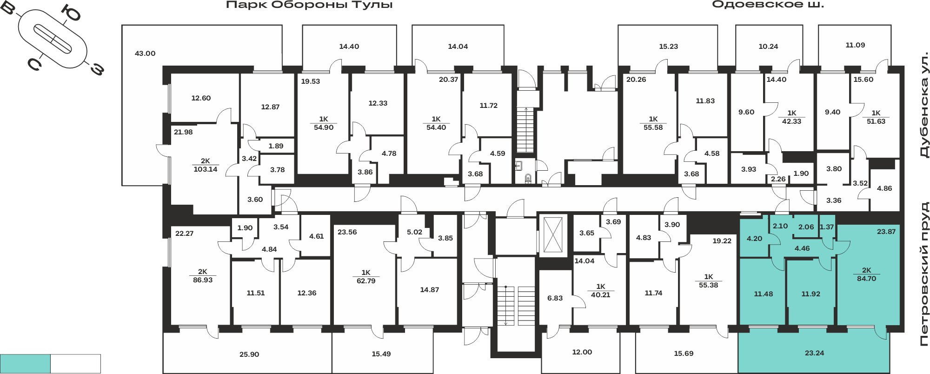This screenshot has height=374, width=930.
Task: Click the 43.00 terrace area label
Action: [x=145, y=53]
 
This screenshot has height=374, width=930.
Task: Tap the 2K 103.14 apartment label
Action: [x=206, y=165]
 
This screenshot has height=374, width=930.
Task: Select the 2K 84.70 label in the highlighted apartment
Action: [x=866, y=274]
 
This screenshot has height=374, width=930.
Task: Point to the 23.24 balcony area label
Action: [x=814, y=353]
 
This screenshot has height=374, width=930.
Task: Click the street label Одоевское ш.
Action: [x=768, y=5]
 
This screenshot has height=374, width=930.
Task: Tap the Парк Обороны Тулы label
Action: [x=309, y=5]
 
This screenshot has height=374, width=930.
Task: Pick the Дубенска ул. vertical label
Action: [x=924, y=106]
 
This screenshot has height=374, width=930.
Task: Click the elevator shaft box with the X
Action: [x=553, y=235]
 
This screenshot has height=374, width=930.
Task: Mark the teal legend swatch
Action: [x=25, y=364]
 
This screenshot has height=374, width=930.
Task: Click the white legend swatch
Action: [x=75, y=364]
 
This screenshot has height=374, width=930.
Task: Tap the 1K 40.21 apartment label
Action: [x=600, y=291]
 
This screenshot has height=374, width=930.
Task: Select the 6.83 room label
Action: [x=555, y=298]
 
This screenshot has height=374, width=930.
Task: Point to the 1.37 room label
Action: [x=827, y=227]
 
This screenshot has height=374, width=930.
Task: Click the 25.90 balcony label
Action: [x=249, y=354]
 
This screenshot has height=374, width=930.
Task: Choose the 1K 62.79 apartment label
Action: [x=366, y=277]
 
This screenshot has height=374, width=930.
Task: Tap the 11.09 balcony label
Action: [x=855, y=45]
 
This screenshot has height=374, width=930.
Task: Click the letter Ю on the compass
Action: [x=72, y=14]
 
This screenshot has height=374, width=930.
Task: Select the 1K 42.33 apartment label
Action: [x=791, y=117]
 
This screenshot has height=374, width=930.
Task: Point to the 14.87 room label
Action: [x=429, y=290]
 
